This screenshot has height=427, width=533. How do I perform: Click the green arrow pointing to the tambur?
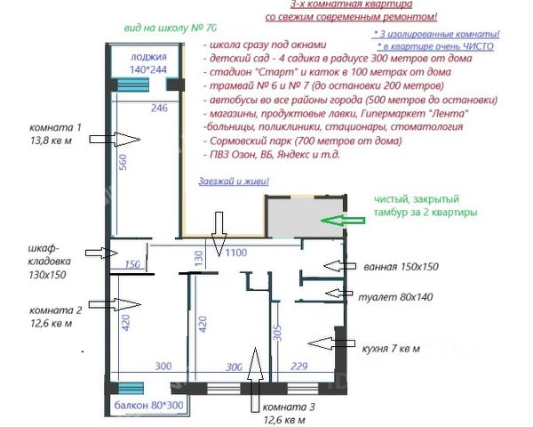click(342, 221)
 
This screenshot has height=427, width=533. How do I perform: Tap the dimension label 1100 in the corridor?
click(236, 253)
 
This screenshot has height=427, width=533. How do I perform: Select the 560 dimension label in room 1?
click(123, 163)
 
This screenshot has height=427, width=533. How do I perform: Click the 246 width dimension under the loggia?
click(159, 108)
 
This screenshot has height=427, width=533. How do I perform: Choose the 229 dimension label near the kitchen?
click(299, 366)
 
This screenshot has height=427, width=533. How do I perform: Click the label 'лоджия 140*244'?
click(148, 63)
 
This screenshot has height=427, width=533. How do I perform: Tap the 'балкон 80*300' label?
click(148, 406)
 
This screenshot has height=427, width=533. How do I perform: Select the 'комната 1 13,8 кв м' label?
click(55, 133)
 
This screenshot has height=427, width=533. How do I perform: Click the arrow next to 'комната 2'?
click(115, 304)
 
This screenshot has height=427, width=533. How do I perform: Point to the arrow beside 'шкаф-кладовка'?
click(101, 253)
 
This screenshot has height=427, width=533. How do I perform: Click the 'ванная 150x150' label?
click(402, 267)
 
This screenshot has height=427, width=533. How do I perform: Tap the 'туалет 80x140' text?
click(395, 297)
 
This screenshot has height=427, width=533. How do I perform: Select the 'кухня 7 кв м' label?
click(391, 349)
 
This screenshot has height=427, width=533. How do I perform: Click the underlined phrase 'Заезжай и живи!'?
click(234, 181)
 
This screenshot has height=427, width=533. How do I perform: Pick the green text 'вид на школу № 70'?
click(170, 28)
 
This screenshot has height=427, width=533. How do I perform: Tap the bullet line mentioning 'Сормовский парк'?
click(303, 141)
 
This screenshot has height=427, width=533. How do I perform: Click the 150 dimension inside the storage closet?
click(132, 264)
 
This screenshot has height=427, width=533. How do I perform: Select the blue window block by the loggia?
click(133, 85)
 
